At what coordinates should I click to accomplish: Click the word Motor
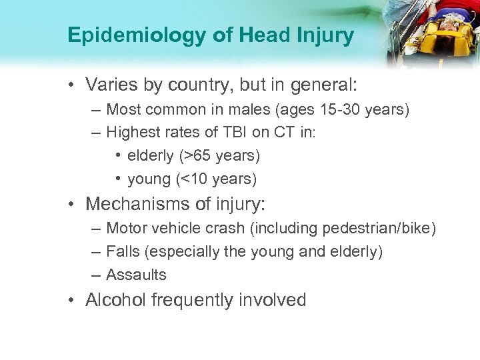point(126,229)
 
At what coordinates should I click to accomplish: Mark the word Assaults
point(137,275)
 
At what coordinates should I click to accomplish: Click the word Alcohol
point(116,300)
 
